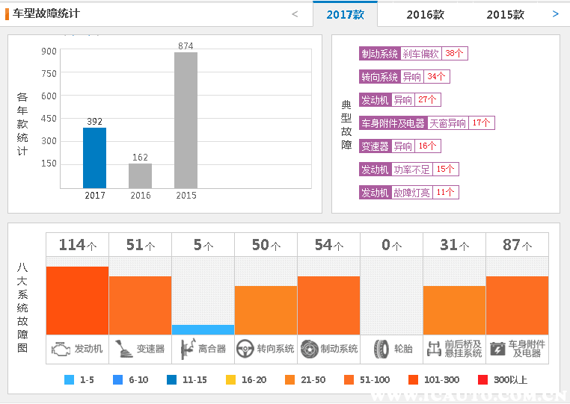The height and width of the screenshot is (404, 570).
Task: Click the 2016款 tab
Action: [x=425, y=14]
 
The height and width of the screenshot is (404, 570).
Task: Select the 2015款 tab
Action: [x=505, y=14]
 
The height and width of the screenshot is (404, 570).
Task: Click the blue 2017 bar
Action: [x=94, y=158]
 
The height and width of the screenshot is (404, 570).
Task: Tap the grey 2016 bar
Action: [x=140, y=175]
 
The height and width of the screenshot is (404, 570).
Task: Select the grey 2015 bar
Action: [x=186, y=119]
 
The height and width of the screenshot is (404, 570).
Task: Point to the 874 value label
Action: [x=186, y=46]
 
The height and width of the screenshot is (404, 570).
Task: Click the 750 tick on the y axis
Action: [x=49, y=73]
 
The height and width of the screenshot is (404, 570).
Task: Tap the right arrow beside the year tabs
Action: [x=555, y=13]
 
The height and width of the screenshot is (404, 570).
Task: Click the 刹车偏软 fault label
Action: [x=421, y=54]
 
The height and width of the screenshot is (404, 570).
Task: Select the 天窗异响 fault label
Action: [x=447, y=123]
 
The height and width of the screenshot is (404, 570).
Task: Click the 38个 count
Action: [x=455, y=54]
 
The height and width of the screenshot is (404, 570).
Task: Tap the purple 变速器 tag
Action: [x=375, y=146]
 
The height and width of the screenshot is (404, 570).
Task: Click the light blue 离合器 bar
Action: [x=203, y=329]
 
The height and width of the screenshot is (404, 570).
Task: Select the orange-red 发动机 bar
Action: [x=77, y=300]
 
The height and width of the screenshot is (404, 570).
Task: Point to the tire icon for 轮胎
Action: [x=381, y=349]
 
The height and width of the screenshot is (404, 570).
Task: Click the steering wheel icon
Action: [x=245, y=349]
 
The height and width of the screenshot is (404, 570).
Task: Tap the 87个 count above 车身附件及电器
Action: [x=517, y=245]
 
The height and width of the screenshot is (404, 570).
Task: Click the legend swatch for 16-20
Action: [x=230, y=379]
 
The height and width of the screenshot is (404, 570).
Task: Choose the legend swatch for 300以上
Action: [x=482, y=379]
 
